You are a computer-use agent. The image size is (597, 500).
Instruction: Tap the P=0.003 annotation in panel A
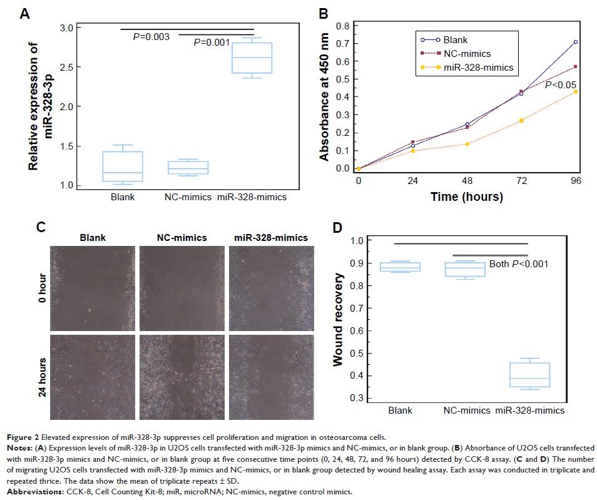[151, 37]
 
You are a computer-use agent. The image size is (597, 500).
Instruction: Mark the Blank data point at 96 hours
[575, 42]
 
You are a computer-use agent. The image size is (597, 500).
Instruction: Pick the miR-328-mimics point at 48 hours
[467, 144]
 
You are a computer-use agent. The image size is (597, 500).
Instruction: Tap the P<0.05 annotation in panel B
[559, 85]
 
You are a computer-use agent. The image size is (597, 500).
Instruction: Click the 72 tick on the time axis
[521, 181]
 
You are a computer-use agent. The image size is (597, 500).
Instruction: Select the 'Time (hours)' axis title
[466, 196]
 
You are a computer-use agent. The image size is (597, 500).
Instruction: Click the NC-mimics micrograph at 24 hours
[180, 374]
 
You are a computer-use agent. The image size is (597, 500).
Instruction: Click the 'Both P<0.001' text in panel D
[518, 264]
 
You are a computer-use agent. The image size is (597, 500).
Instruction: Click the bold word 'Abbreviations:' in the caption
[43, 492]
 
